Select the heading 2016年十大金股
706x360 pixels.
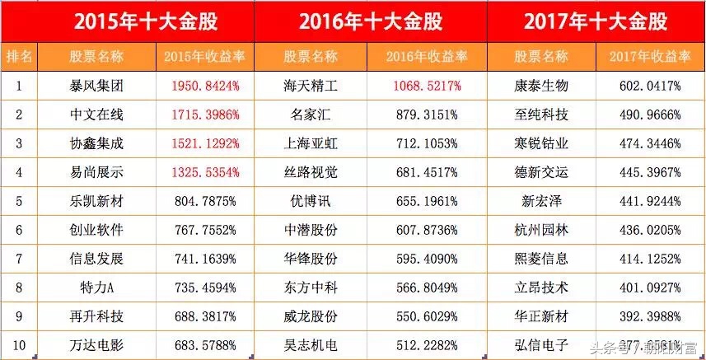[x=370, y=22]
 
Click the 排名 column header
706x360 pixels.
[x=19, y=57]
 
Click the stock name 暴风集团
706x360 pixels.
[x=97, y=85]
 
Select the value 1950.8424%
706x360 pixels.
[x=206, y=85]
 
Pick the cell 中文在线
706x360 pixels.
[x=97, y=114]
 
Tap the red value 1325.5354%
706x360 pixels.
[x=206, y=172]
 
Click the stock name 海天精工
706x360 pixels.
[x=311, y=85]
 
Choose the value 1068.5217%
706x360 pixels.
[x=426, y=85]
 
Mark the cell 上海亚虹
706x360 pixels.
[x=311, y=143]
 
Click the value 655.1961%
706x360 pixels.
[x=426, y=201]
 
